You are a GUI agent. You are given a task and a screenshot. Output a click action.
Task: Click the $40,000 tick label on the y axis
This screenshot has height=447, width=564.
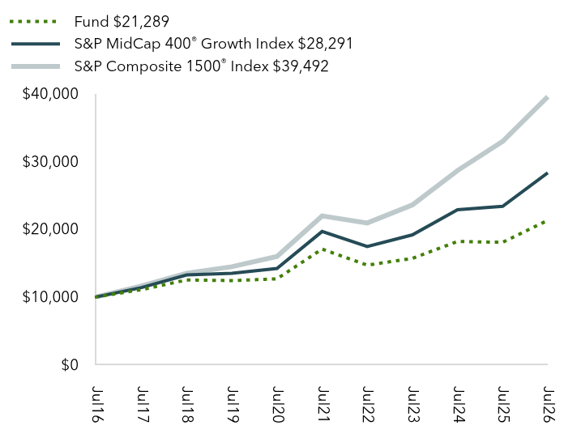coord(50,94)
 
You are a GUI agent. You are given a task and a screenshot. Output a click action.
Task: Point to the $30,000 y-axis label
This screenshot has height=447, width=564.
coord(50,162)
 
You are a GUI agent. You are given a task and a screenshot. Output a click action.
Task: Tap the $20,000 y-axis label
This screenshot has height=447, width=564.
coord(50,229)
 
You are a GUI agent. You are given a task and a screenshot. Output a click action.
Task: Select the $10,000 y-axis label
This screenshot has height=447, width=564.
coord(50,297)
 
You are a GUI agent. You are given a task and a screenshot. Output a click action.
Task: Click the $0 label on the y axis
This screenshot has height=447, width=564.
coord(70,364)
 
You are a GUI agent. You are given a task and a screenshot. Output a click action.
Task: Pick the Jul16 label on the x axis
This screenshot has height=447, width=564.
coord(96,404)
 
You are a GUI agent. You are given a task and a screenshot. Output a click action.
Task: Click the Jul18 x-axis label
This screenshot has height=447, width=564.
coord(187,404)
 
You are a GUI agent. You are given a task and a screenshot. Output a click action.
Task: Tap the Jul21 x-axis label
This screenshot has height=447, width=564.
coord(323,404)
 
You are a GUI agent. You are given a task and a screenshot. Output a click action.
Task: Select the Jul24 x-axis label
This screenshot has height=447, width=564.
coord(459,404)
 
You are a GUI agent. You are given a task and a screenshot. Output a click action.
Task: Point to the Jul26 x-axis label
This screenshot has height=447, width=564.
coord(548,404)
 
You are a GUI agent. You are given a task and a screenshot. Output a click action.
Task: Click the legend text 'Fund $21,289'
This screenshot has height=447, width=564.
coord(122,22)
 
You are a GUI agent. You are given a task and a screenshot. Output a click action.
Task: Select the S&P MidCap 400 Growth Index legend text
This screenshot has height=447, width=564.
coord(213,44)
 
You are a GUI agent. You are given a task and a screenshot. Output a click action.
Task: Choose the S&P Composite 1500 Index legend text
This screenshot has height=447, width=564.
coord(202,66)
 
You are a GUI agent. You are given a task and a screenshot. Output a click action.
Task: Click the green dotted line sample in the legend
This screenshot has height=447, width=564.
coord(34,22)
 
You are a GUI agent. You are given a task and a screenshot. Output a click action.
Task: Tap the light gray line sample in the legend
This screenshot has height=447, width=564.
coord(36,66)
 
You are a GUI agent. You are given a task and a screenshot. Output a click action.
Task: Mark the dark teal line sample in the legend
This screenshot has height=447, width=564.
coord(36,45)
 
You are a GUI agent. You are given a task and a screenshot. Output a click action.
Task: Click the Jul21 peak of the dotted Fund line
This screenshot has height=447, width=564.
coord(323,249)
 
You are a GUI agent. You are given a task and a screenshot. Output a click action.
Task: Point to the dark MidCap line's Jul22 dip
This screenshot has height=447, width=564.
coord(367,246)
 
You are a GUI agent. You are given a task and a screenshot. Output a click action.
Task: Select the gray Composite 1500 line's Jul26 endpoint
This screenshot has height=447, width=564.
coord(547,98)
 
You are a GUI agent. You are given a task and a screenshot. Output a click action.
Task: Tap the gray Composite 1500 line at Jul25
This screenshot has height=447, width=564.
coord(502,141)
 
